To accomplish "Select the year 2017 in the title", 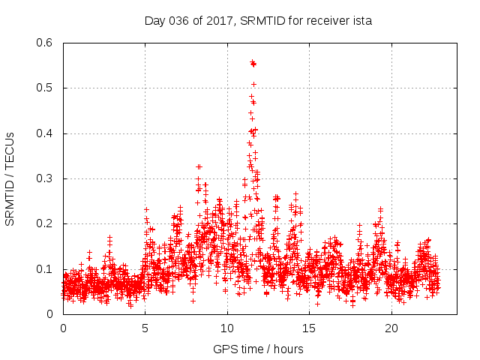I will (219, 21).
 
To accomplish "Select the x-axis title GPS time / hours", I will (257, 349).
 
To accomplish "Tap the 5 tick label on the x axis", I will (145, 328).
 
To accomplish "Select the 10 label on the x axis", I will (227, 328).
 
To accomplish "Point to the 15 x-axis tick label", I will (310, 328).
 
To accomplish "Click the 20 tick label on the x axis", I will (391, 328).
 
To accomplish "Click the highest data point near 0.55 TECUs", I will (253, 62).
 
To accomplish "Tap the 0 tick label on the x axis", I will (63, 328).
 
